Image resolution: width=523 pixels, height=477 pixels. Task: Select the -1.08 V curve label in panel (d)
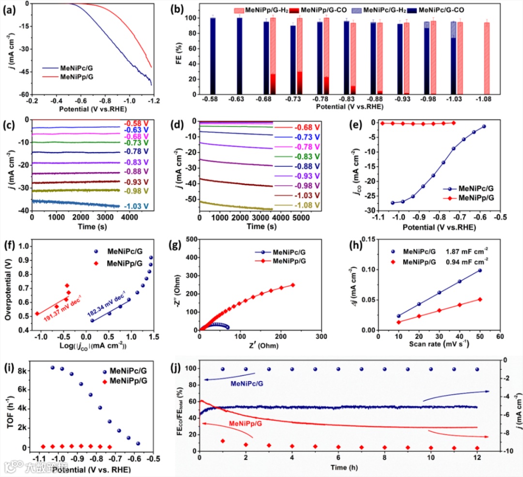(307, 206)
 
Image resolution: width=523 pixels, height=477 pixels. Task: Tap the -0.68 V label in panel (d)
(307, 127)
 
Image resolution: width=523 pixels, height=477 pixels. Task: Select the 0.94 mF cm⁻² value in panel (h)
(465, 261)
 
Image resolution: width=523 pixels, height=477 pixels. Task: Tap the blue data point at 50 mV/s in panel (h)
(480, 270)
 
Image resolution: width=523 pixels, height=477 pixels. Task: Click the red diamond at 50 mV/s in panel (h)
(480, 300)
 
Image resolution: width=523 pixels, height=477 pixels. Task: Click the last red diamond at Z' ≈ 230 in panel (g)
(292, 285)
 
